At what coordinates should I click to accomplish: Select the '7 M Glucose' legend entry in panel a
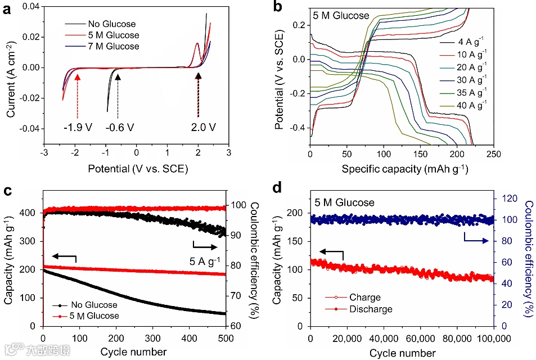112,46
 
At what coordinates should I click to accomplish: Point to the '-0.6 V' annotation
120,127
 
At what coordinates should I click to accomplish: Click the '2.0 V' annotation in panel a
203,127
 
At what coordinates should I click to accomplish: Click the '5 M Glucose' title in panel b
341,16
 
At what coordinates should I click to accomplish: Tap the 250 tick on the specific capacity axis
493,154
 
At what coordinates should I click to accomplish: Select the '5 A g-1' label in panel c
205,260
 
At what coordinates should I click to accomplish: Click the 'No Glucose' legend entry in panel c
91,305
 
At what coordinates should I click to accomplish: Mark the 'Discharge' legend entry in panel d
371,309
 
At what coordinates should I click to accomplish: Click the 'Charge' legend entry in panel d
365,298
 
